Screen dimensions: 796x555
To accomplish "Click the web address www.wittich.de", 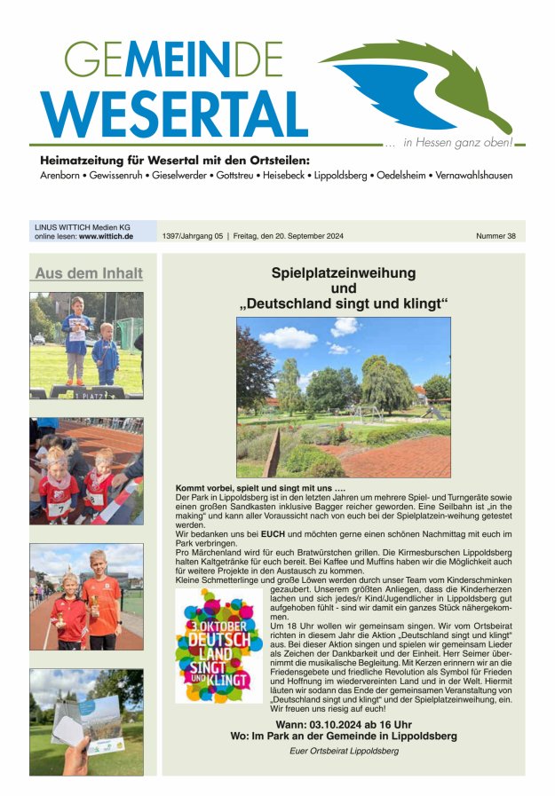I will (106, 237).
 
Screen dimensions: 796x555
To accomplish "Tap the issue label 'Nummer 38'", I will (496, 237).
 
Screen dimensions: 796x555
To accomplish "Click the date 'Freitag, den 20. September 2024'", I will (289, 237).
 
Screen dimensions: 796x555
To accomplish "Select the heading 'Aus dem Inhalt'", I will (87, 273).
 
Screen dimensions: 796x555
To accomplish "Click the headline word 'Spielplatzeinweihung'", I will (343, 273).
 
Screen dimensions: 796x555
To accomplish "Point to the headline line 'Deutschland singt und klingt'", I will (343, 304).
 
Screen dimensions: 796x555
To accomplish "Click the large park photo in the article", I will (343, 397).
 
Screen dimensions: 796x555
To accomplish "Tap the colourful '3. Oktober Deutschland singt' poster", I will (218, 645).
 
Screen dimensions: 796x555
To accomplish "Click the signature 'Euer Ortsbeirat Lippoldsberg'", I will (344, 751).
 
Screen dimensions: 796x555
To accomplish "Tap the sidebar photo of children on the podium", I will (86, 345).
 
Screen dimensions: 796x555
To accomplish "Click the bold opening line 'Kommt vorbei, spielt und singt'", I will (260, 489).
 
